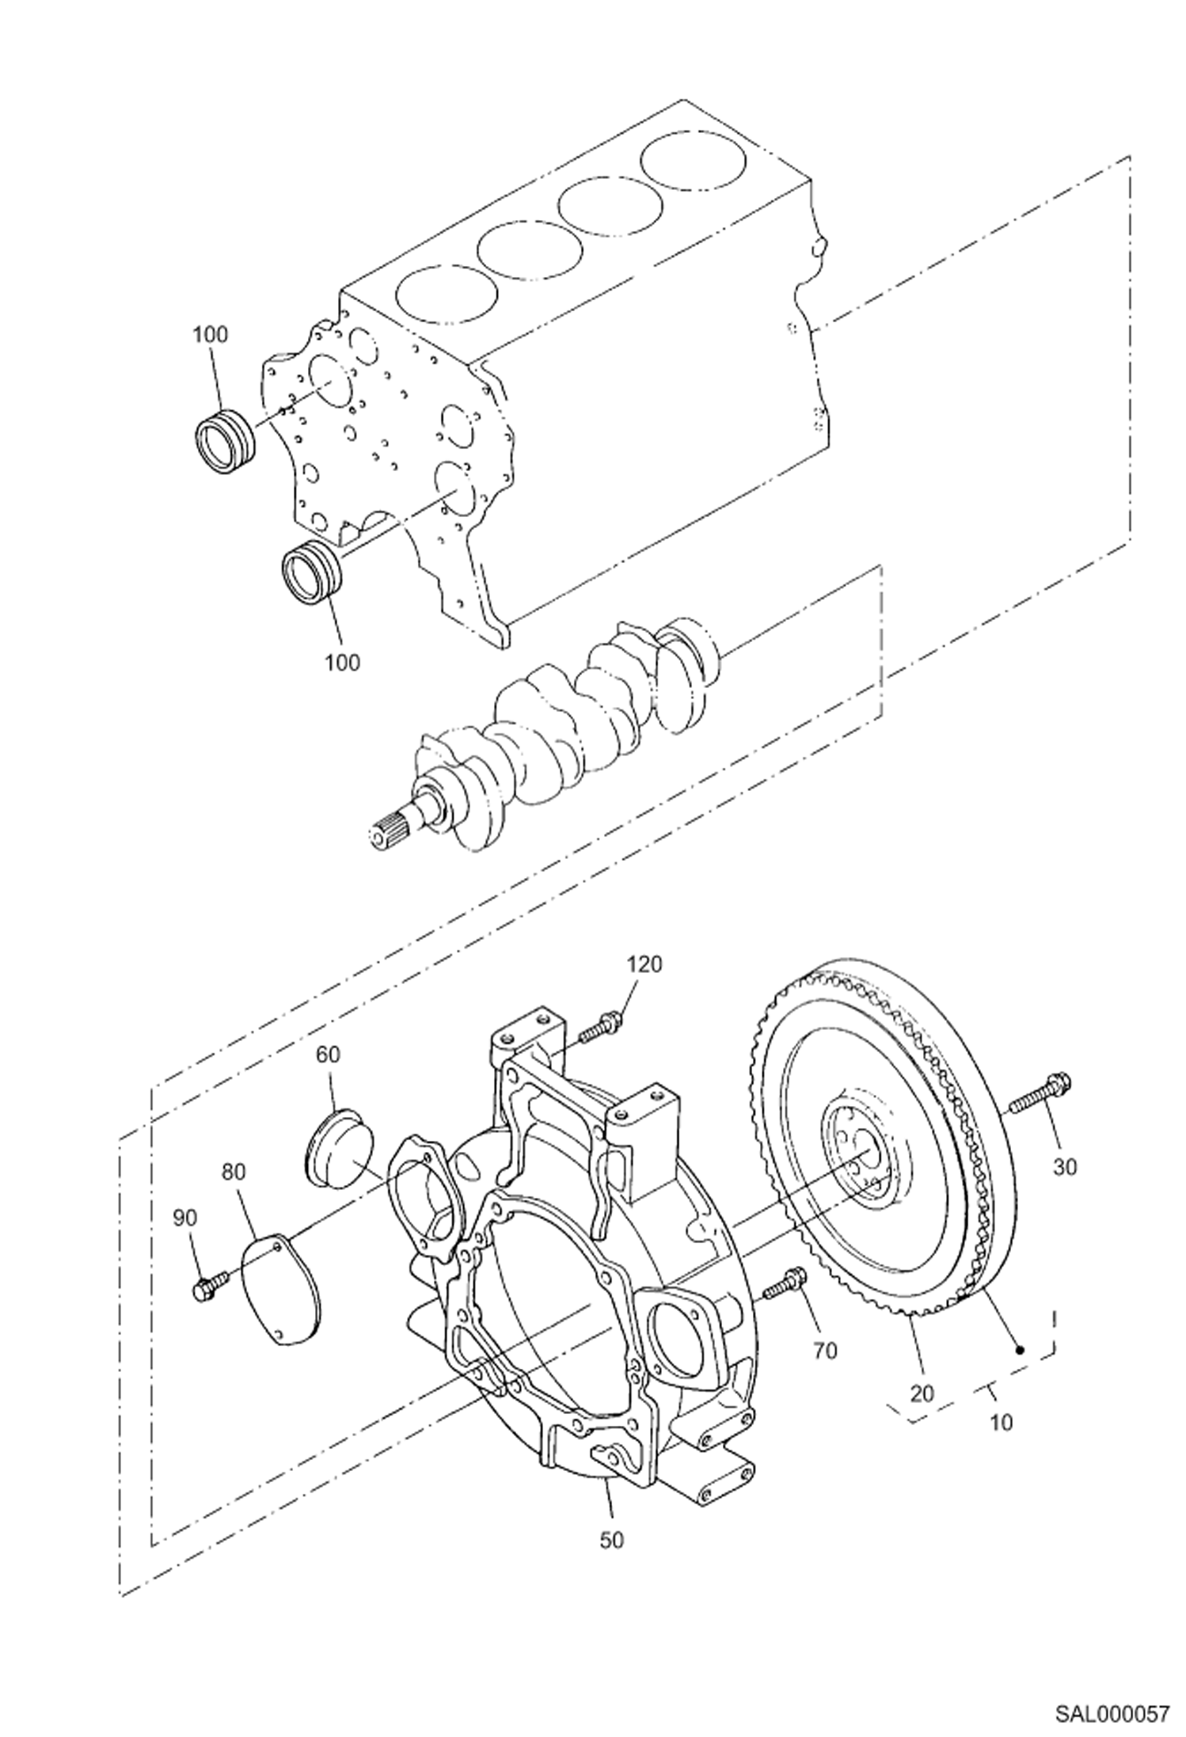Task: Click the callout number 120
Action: [644, 964]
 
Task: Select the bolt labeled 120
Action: [600, 1028]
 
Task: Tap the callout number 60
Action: [329, 1054]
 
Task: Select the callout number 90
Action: [184, 1218]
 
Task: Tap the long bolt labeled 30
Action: [1038, 1093]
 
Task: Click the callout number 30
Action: [1066, 1166]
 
